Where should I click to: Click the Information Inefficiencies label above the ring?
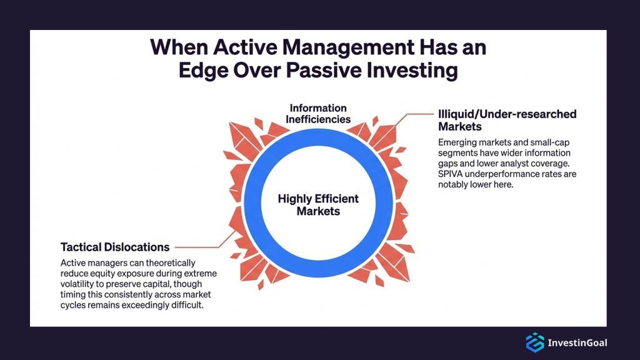coord(317,113)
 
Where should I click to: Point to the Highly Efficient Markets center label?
coord(318,205)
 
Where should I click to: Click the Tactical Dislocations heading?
coord(115,247)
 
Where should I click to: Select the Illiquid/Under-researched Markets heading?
coord(507,120)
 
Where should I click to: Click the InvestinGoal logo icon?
coord(534,342)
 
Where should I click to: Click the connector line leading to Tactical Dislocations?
coord(200,247)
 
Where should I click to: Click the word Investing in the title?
coord(415,69)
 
